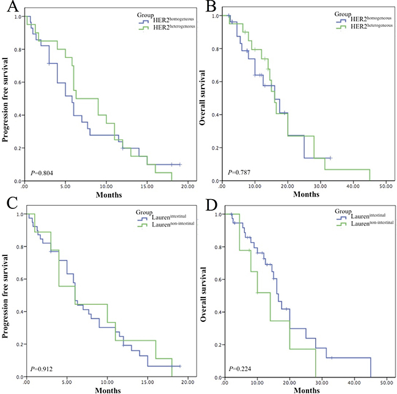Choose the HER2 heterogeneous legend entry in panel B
[360, 27]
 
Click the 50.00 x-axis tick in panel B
[385, 186]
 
